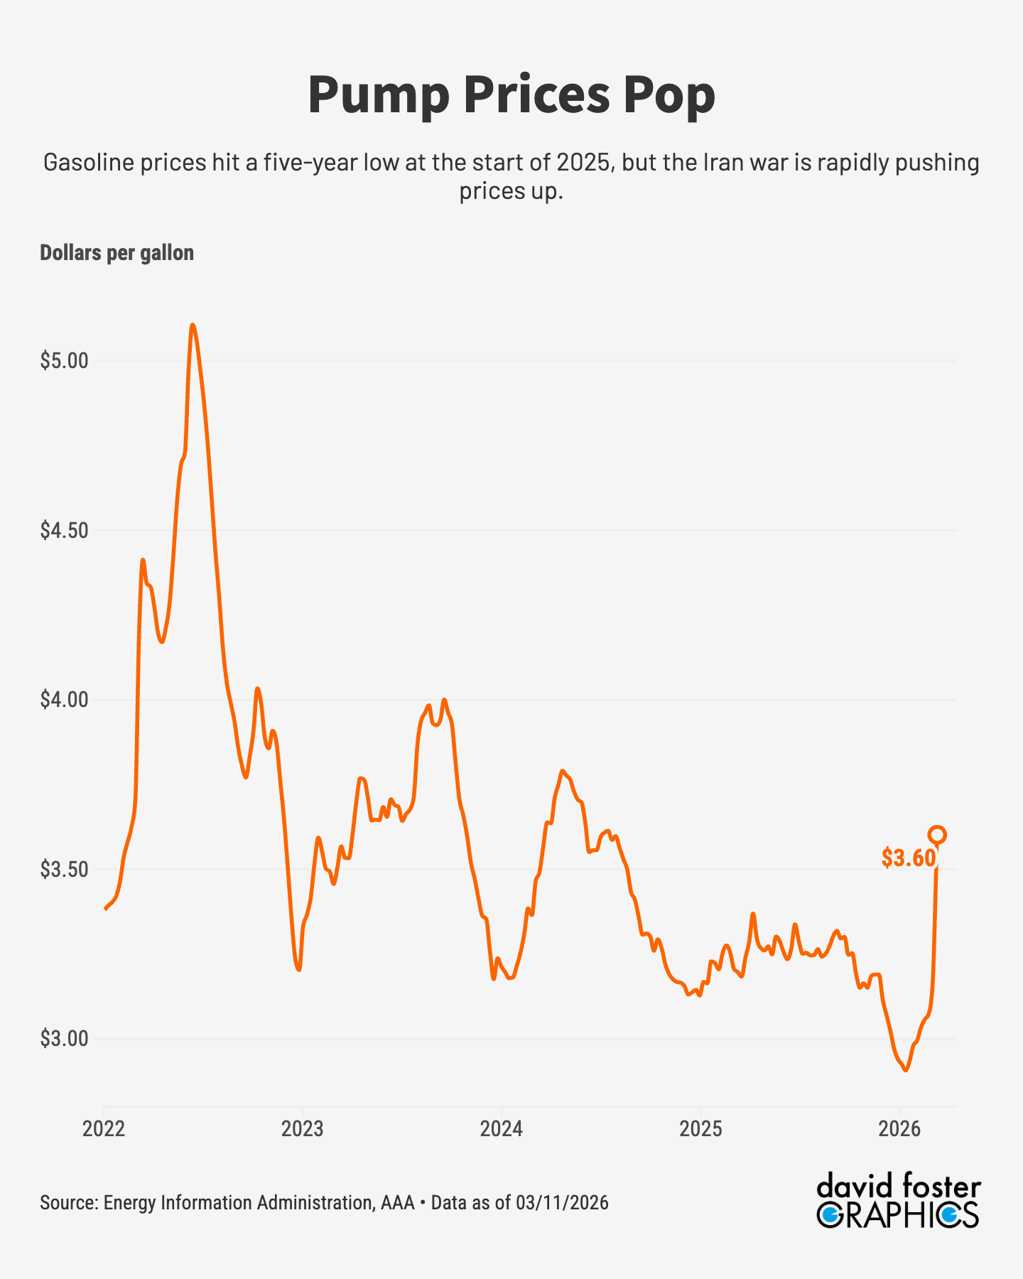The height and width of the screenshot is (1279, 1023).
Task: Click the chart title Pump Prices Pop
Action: click(511, 95)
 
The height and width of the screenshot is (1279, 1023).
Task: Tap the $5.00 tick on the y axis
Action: click(64, 361)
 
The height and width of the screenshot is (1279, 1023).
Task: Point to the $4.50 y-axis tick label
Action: click(64, 531)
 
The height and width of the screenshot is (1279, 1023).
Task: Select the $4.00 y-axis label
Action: click(64, 700)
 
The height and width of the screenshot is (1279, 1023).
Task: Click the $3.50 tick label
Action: click(64, 870)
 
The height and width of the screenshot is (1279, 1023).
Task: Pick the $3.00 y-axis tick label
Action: click(64, 1039)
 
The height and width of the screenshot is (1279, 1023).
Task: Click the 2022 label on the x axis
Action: click(104, 1129)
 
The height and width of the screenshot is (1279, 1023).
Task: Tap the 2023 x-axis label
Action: click(303, 1129)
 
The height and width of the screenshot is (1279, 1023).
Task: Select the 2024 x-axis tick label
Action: click(502, 1129)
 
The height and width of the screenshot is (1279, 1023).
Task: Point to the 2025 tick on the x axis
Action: click(700, 1129)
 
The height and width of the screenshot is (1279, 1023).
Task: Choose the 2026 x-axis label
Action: click(899, 1129)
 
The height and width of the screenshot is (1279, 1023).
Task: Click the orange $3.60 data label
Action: click(909, 858)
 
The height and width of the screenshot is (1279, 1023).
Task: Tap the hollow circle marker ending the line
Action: click(937, 835)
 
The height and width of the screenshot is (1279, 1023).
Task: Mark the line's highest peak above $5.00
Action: click(193, 325)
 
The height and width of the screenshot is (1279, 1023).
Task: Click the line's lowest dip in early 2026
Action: click(905, 1069)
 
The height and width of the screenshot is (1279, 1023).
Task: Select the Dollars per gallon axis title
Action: click(117, 253)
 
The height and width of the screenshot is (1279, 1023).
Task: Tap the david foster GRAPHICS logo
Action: click(898, 1202)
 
